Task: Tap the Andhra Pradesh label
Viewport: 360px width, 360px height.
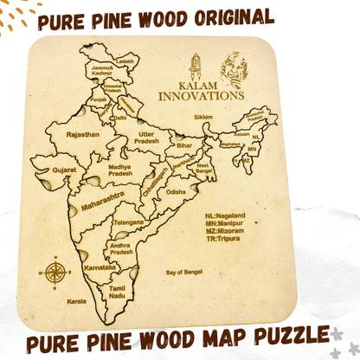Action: [x=120, y=247]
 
